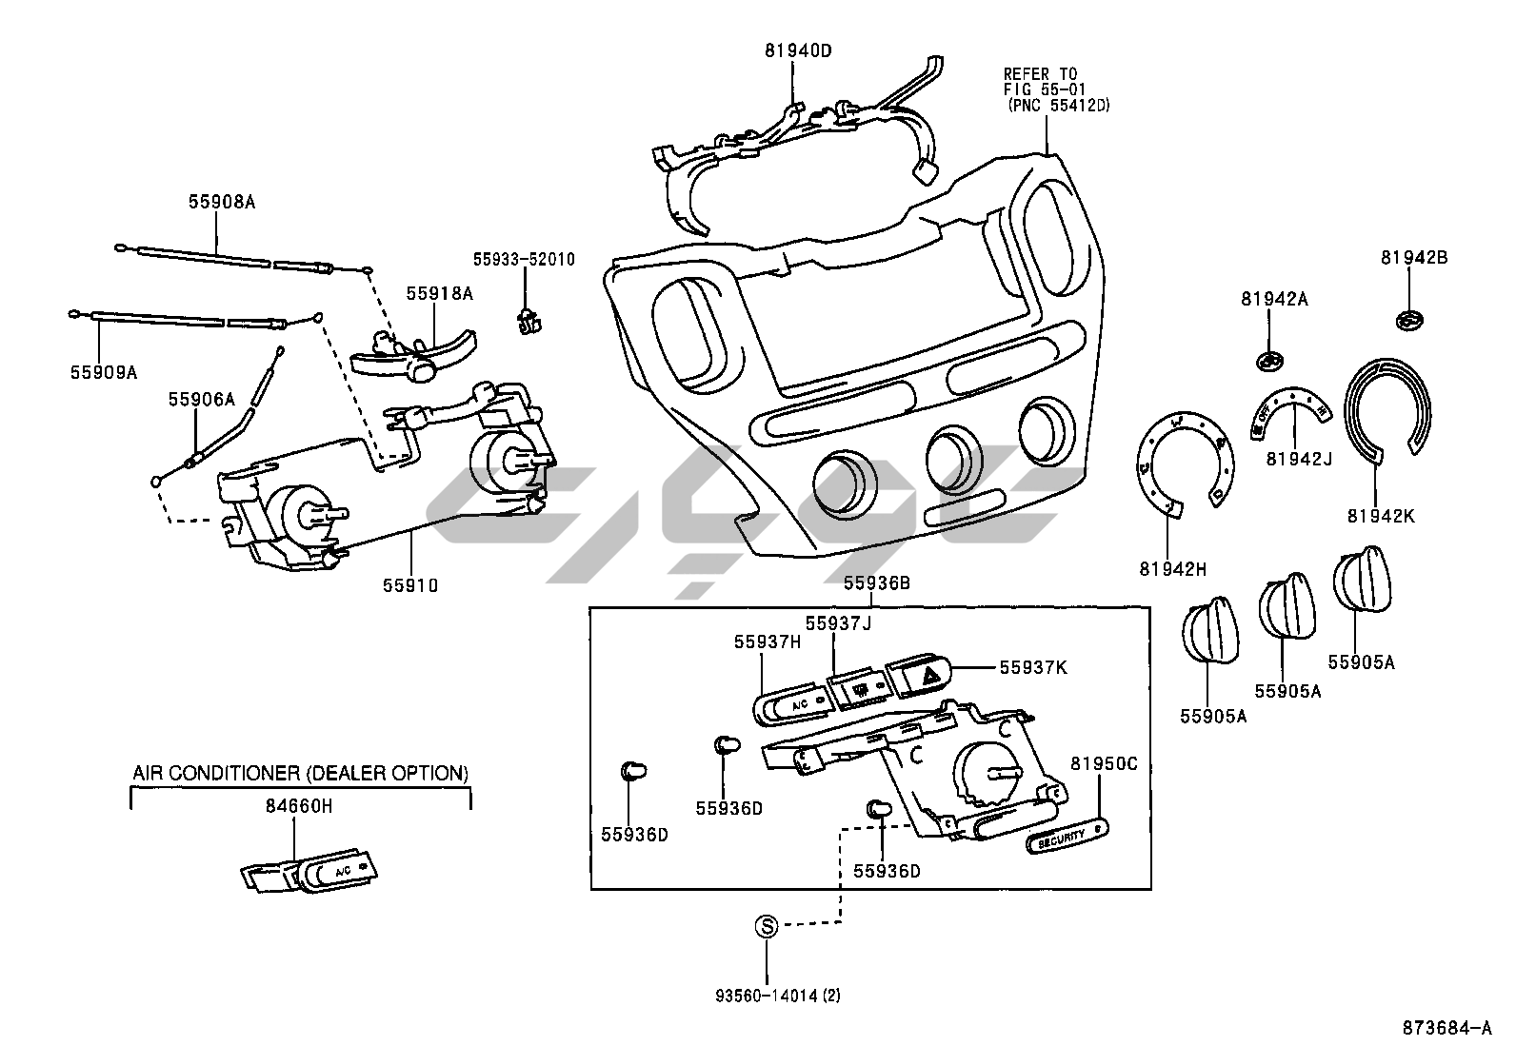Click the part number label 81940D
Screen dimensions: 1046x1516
pos(797,49)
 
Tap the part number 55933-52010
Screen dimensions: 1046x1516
pos(524,259)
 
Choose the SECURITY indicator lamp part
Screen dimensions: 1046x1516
pos(1067,837)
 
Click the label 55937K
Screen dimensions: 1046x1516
pos(1033,667)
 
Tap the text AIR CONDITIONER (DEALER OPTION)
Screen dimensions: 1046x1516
pos(300,773)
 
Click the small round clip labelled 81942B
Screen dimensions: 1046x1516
pos(1411,320)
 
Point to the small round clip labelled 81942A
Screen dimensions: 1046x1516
pos(1268,361)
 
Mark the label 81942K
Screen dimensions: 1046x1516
pos(1381,516)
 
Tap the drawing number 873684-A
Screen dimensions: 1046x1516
pos(1446,1028)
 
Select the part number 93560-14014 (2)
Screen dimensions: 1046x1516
pos(778,997)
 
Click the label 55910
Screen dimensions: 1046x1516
pos(410,586)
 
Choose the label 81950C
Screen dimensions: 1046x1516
pos(1104,763)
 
